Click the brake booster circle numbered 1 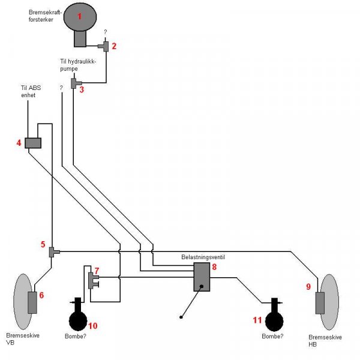click(80, 17)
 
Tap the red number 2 click(114, 46)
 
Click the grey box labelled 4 click(33, 143)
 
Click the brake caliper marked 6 click(32, 302)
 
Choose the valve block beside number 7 click(93, 281)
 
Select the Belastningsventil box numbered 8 click(202, 277)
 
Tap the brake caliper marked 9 click(320, 303)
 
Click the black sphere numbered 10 click(78, 321)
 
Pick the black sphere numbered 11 click(274, 322)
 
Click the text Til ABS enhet click(31, 91)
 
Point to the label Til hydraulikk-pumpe click(78, 65)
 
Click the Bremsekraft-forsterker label click(45, 16)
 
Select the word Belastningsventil click(203, 257)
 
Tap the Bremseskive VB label click(23, 338)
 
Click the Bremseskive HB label click(325, 340)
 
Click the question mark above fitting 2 click(106, 32)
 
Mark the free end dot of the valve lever click(181, 317)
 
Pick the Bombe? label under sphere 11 click(272, 336)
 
